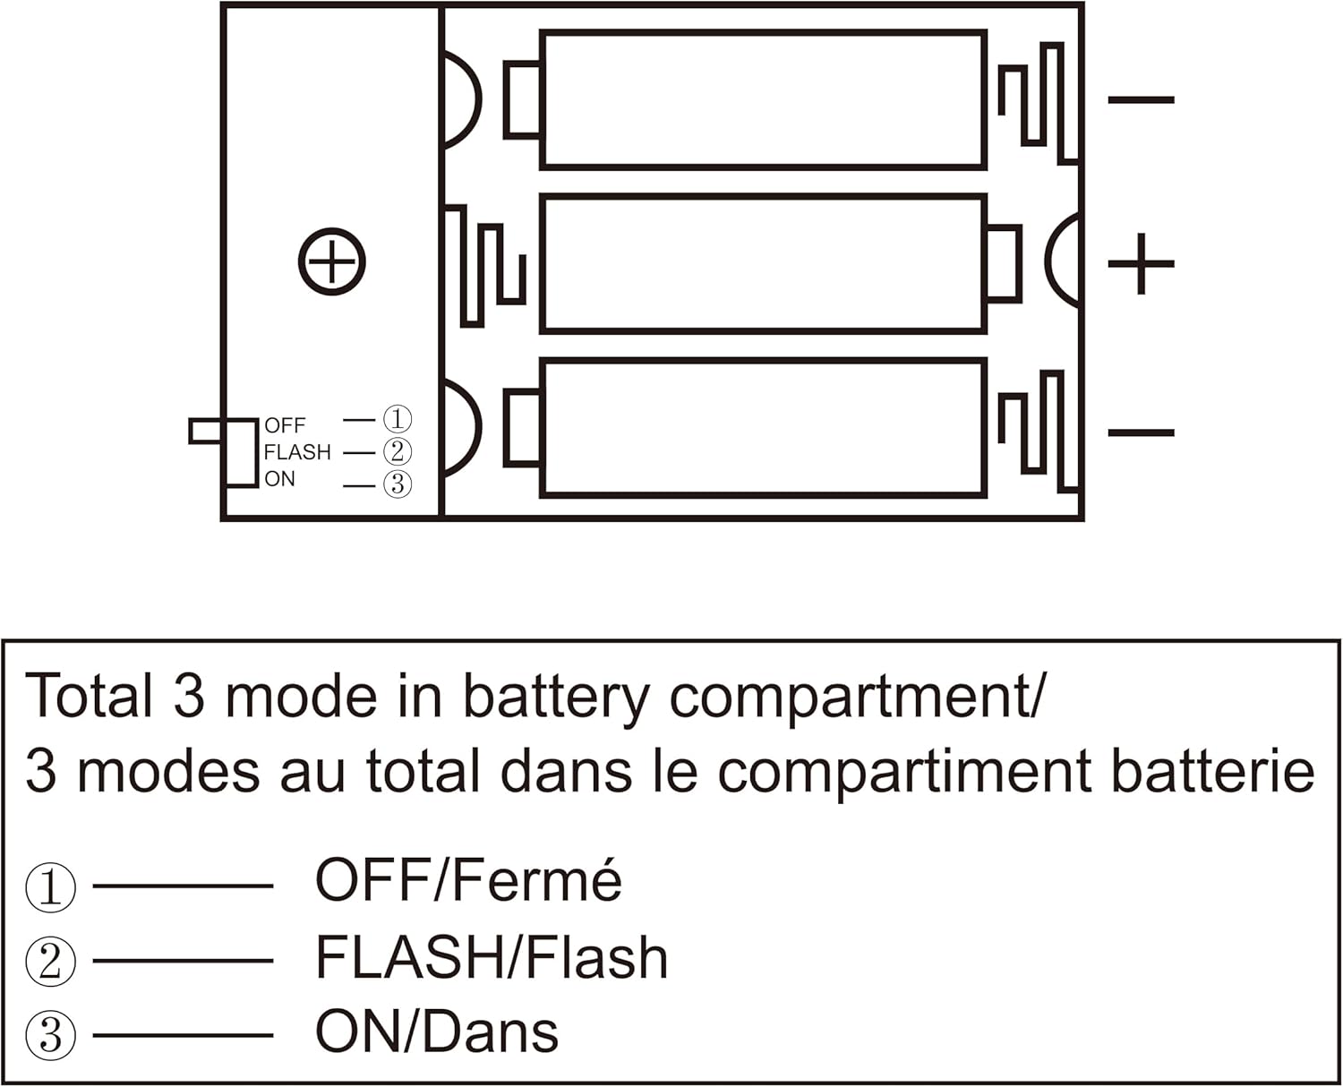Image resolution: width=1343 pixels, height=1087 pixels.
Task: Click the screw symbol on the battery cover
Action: coord(331,261)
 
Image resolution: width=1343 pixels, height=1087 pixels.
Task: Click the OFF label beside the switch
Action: coord(285,425)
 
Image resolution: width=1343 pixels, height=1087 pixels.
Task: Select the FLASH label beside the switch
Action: coord(297,452)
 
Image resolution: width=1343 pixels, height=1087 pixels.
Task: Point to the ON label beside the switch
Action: coord(279,479)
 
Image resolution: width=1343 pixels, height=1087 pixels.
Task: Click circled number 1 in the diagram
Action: coord(398,419)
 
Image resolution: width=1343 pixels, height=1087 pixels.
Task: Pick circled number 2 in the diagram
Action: coord(398,452)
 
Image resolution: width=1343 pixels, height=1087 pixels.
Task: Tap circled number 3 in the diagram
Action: coord(398,484)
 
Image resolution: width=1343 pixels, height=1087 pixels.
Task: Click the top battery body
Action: coord(763,99)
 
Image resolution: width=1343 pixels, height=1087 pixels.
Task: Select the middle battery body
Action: coord(763,263)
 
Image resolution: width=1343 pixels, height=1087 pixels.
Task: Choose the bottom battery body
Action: coord(763,428)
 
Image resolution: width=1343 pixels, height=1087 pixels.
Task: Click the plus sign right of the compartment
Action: coord(1141,263)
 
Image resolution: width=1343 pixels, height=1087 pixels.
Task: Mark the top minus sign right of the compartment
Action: coord(1141,99)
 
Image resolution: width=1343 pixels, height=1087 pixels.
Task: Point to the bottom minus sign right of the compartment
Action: coord(1141,432)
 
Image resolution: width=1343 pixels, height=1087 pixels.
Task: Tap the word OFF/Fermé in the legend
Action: coord(468,880)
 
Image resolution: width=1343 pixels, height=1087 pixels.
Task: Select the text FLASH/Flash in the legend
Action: coord(492,957)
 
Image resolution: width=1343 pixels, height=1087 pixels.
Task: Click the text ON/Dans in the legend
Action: coord(437,1031)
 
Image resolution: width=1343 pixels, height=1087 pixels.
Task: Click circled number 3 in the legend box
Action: coord(50,1036)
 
